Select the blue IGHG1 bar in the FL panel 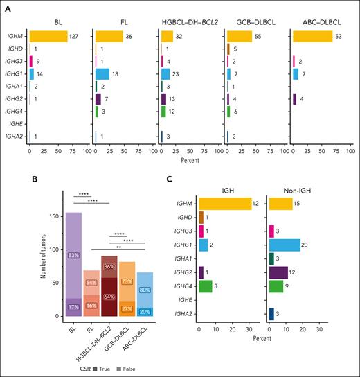102,73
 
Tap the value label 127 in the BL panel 75,36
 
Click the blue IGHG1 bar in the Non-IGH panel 285,244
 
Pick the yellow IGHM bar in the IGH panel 225,203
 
